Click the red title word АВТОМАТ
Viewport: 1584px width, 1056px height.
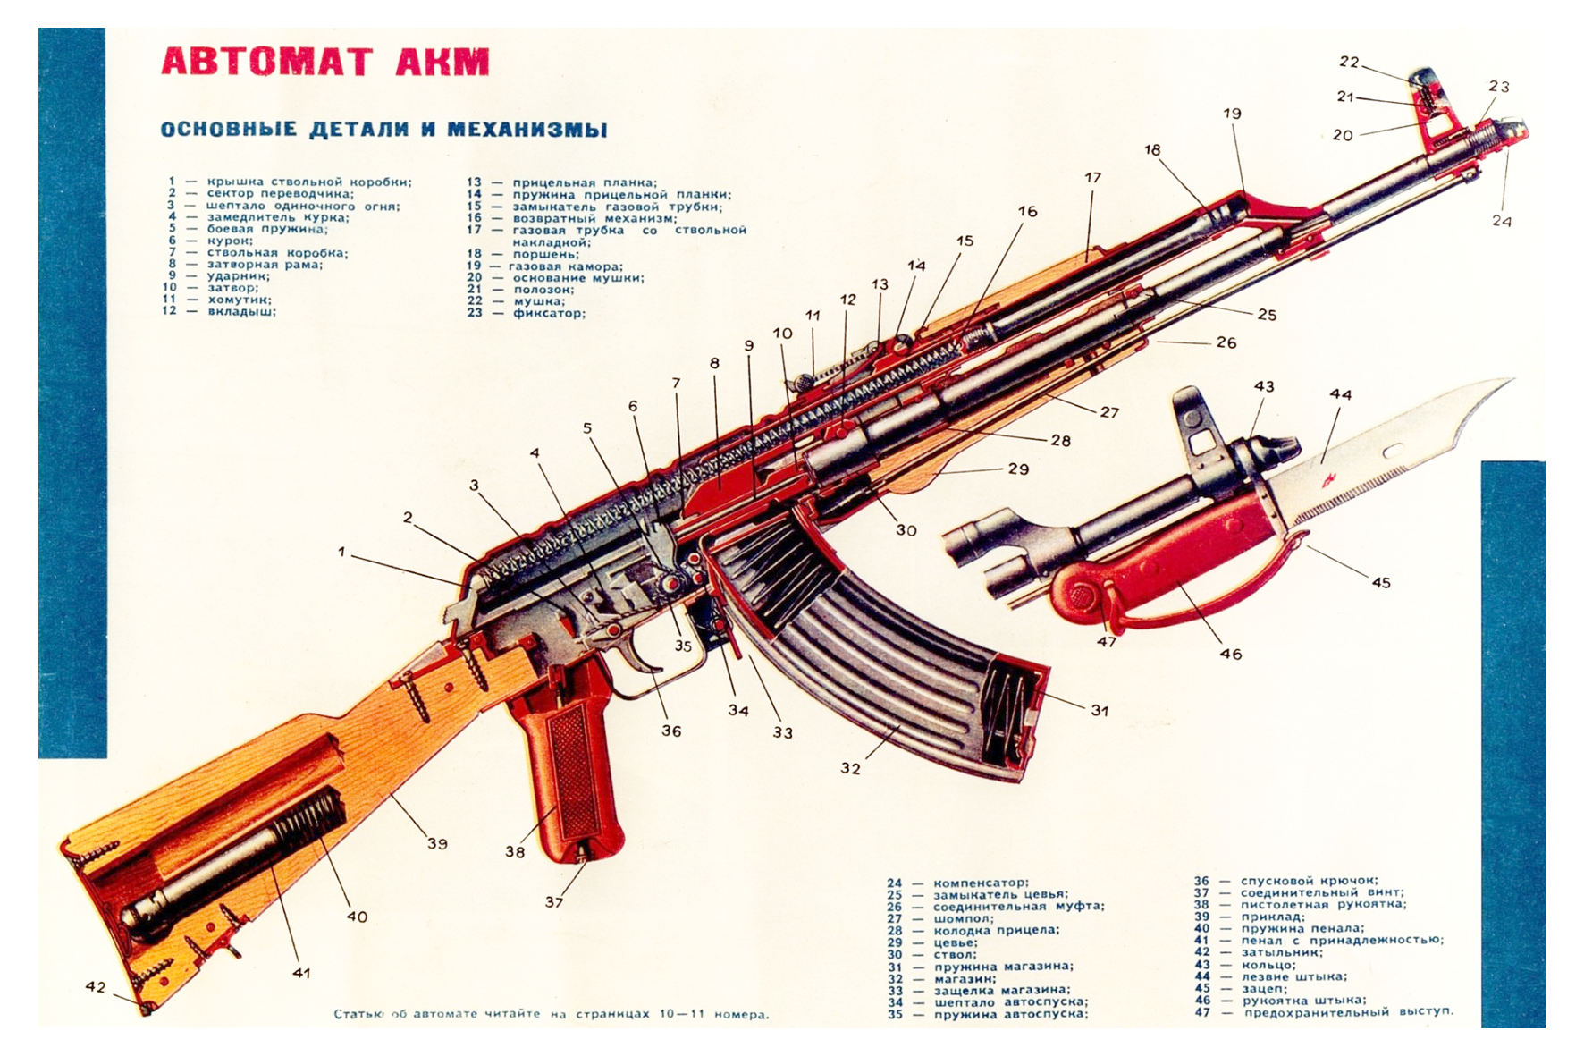coord(265,62)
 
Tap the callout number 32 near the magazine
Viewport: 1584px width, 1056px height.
coord(850,768)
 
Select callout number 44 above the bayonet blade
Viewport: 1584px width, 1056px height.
coord(1340,394)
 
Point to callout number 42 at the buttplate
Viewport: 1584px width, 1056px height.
coord(95,987)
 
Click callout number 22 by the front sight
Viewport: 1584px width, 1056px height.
coord(1349,62)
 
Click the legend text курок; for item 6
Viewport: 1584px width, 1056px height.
coord(230,241)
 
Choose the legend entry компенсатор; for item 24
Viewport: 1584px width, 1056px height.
coord(981,883)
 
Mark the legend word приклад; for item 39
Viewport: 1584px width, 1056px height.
coord(1272,917)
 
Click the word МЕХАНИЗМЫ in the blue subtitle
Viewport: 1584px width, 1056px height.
coord(527,130)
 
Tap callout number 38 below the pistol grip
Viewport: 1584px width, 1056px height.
coord(515,851)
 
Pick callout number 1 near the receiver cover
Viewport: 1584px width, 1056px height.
coord(341,552)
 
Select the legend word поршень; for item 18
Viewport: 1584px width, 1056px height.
coord(545,254)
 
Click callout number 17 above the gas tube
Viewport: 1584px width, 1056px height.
coord(1092,178)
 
